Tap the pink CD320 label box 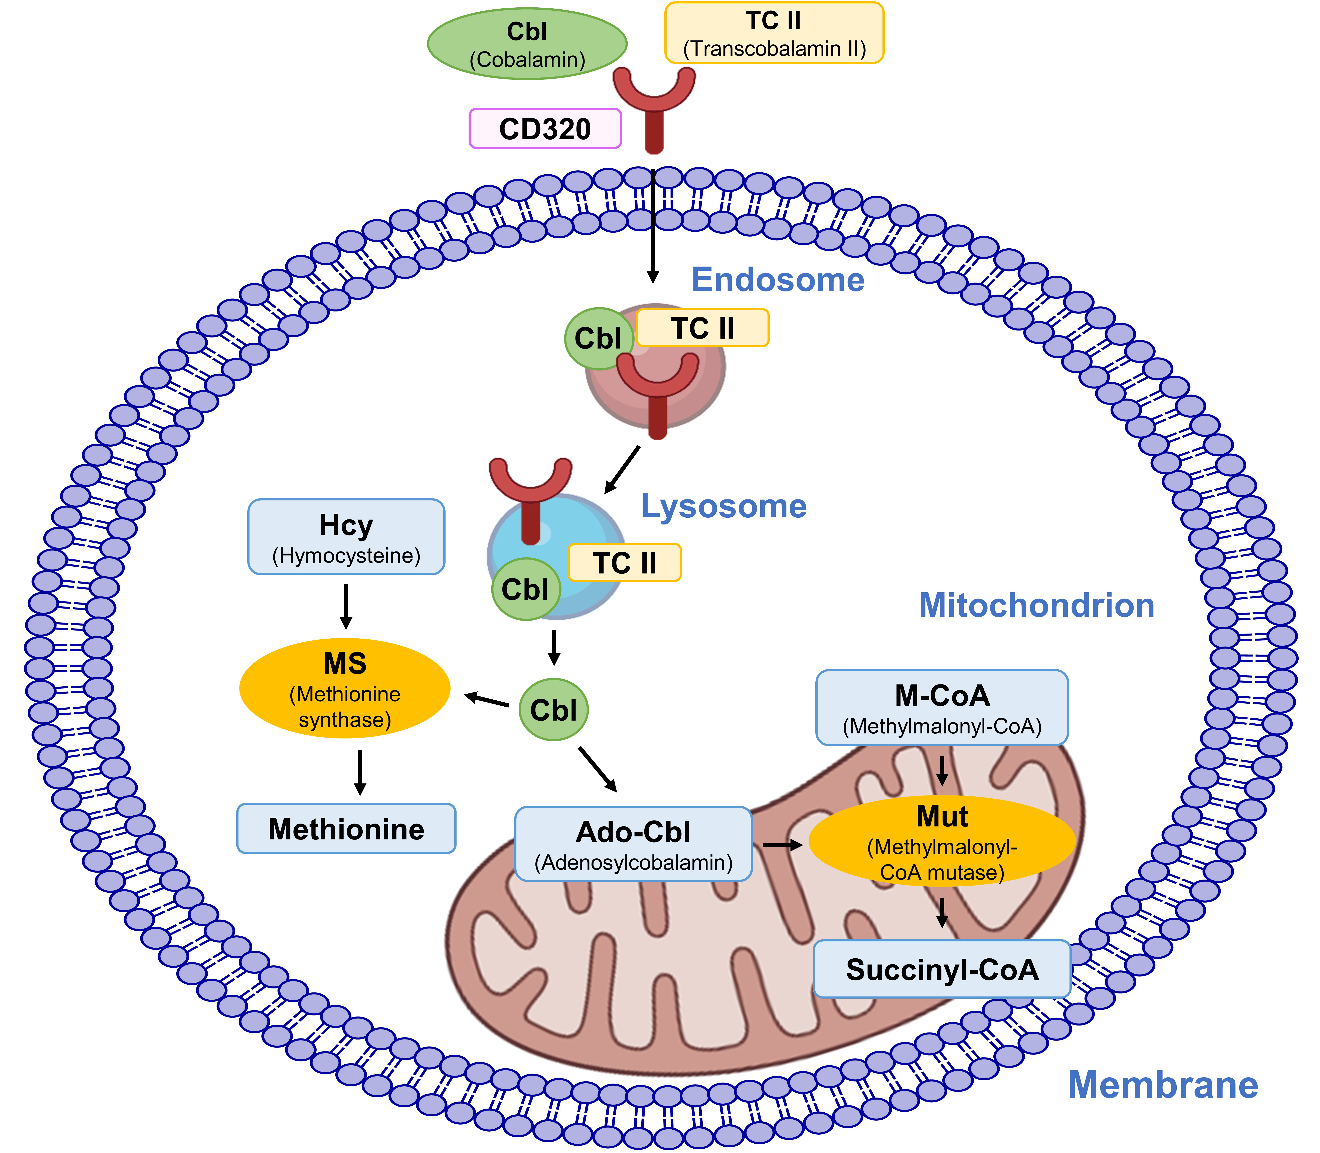point(545,129)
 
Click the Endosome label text point(778,280)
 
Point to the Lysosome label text point(723,506)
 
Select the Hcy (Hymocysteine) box point(346,537)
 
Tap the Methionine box point(346,829)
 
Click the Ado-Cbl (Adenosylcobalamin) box point(633,844)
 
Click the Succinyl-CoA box point(942,969)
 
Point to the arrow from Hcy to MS point(346,606)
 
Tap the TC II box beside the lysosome point(624,562)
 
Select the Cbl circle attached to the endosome point(598,338)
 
